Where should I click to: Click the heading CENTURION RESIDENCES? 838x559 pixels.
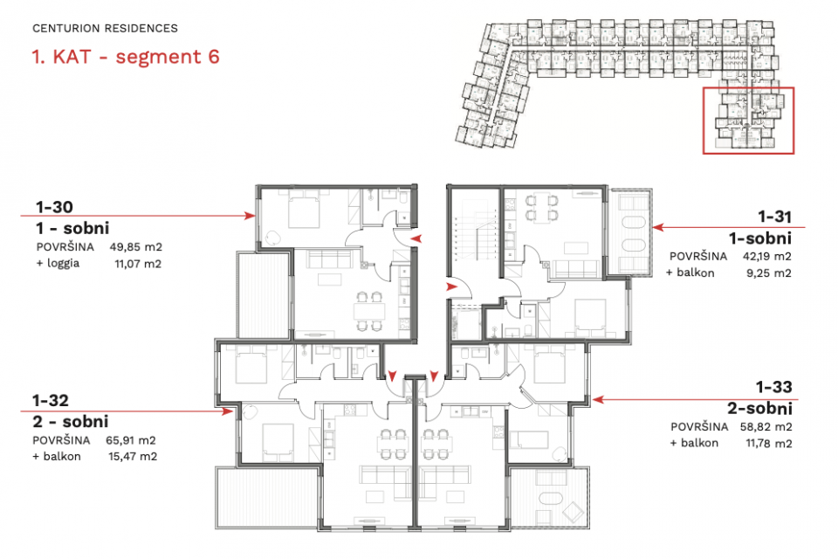tap(105, 28)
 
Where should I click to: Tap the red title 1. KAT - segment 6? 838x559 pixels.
tap(126, 57)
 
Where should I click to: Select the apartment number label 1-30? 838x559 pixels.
tap(54, 206)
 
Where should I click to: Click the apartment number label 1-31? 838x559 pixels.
tap(775, 217)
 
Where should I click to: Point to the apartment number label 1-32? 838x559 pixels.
tap(51, 400)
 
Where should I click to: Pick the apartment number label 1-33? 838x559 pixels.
tap(774, 387)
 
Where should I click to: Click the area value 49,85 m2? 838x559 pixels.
tap(136, 247)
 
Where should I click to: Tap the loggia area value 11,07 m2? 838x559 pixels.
tap(138, 264)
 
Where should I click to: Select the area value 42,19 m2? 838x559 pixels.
tap(767, 256)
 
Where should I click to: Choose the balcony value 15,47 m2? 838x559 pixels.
tap(133, 456)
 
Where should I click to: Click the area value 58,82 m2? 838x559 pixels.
tap(766, 427)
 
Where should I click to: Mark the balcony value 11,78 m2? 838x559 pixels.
tap(768, 443)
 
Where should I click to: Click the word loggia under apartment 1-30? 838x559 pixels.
tap(63, 263)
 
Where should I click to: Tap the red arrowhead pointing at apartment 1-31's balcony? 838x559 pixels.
tap(658, 227)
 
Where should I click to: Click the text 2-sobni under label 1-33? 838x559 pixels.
tap(759, 409)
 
